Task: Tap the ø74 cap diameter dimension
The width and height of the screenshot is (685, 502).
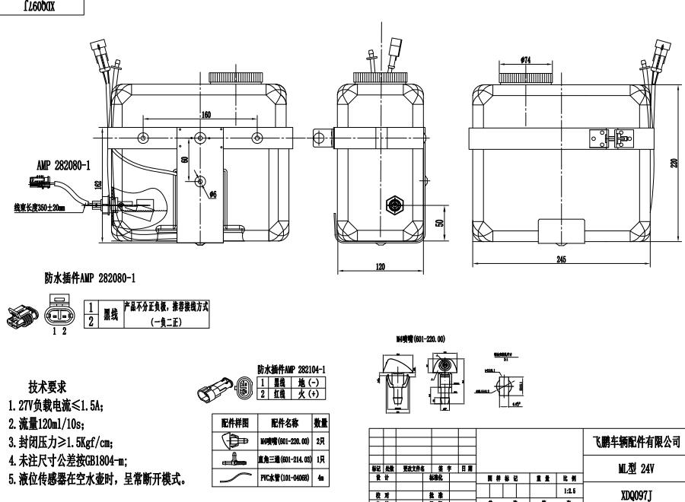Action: pos(524,59)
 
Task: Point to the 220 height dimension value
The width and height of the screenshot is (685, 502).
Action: pos(674,163)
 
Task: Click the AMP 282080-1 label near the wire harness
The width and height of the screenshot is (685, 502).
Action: pos(63,164)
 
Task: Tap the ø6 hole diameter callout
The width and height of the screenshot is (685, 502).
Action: pos(213,194)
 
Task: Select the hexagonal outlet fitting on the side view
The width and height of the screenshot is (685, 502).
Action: pos(395,204)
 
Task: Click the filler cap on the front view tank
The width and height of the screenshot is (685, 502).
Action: pos(234,77)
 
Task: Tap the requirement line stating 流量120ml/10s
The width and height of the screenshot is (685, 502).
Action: pos(57,423)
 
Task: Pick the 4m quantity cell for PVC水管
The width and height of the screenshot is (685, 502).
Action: pos(320,478)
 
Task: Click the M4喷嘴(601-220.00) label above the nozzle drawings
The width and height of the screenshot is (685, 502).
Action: pos(419,338)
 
